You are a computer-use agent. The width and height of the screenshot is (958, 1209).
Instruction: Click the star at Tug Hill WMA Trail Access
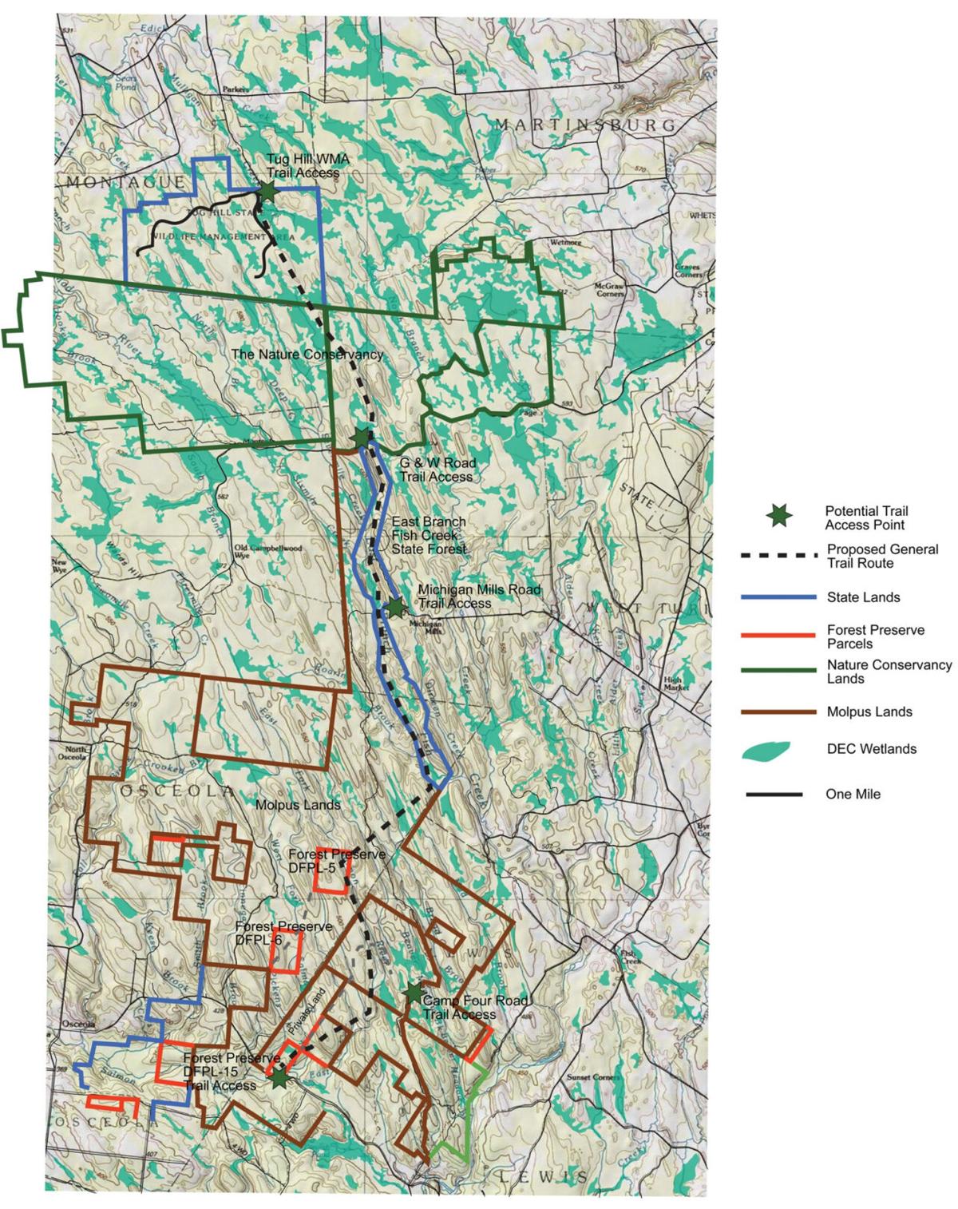pyautogui.click(x=267, y=192)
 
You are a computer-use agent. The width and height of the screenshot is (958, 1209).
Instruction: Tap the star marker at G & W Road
pyautogui.click(x=361, y=438)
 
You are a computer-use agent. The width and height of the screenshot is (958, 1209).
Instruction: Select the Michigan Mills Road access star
pyautogui.click(x=394, y=608)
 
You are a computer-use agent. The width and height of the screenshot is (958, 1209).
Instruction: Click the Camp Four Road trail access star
pyautogui.click(x=413, y=993)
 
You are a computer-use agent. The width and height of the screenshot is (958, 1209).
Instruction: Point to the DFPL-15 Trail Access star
pyautogui.click(x=279, y=1078)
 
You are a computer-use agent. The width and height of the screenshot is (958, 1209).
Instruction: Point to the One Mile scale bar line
pyautogui.click(x=774, y=795)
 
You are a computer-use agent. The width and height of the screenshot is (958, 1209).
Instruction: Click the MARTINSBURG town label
pyautogui.click(x=585, y=125)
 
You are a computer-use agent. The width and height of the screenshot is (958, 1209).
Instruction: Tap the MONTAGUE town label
pyautogui.click(x=125, y=183)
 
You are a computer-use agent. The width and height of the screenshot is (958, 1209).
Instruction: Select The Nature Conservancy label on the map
pyautogui.click(x=307, y=354)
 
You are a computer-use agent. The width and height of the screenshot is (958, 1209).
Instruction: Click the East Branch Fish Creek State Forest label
pyautogui.click(x=429, y=535)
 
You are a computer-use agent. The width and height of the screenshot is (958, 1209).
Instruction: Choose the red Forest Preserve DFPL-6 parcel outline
pyautogui.click(x=286, y=949)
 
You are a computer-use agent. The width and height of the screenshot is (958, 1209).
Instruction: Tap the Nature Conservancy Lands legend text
pyautogui.click(x=889, y=672)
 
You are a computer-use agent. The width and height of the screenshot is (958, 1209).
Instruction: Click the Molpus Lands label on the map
pyautogui.click(x=297, y=805)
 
